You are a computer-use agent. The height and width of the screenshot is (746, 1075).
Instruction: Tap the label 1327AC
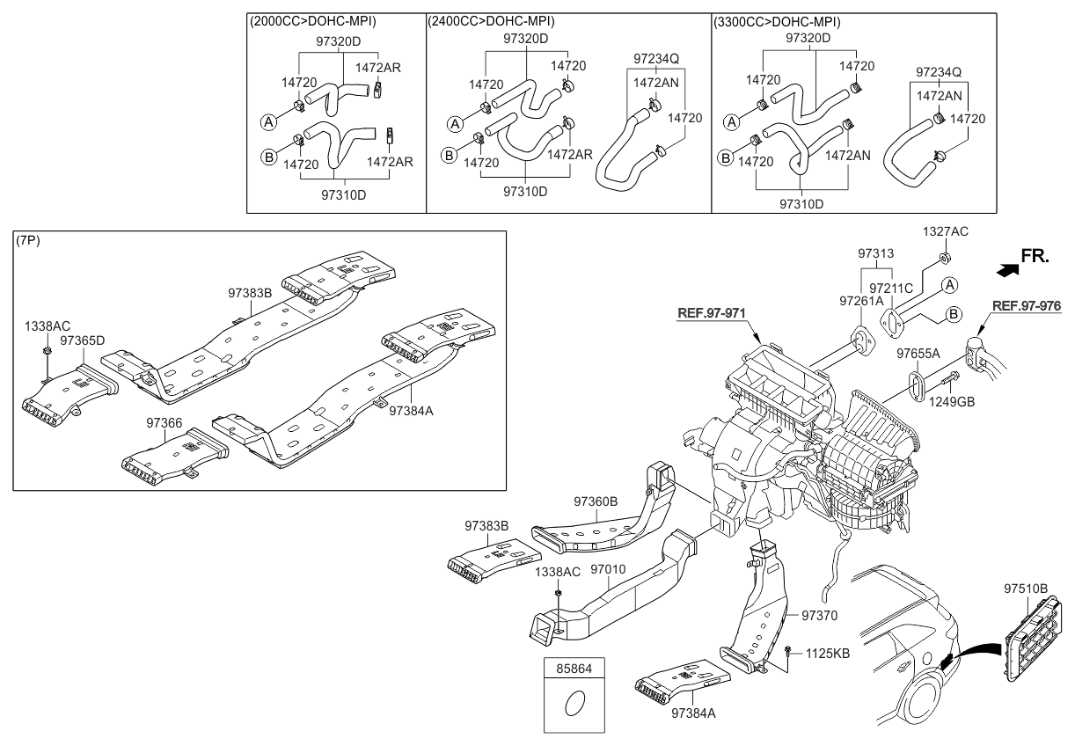coord(946,231)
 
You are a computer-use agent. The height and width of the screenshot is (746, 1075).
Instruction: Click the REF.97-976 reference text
coord(1027,306)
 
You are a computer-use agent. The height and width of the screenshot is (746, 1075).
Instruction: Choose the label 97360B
coord(596,501)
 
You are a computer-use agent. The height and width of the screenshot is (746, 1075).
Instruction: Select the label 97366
coord(165,422)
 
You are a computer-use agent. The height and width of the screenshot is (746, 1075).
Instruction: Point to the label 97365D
coord(83,339)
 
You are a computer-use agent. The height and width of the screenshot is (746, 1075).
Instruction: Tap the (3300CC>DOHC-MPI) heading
coord(777,21)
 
